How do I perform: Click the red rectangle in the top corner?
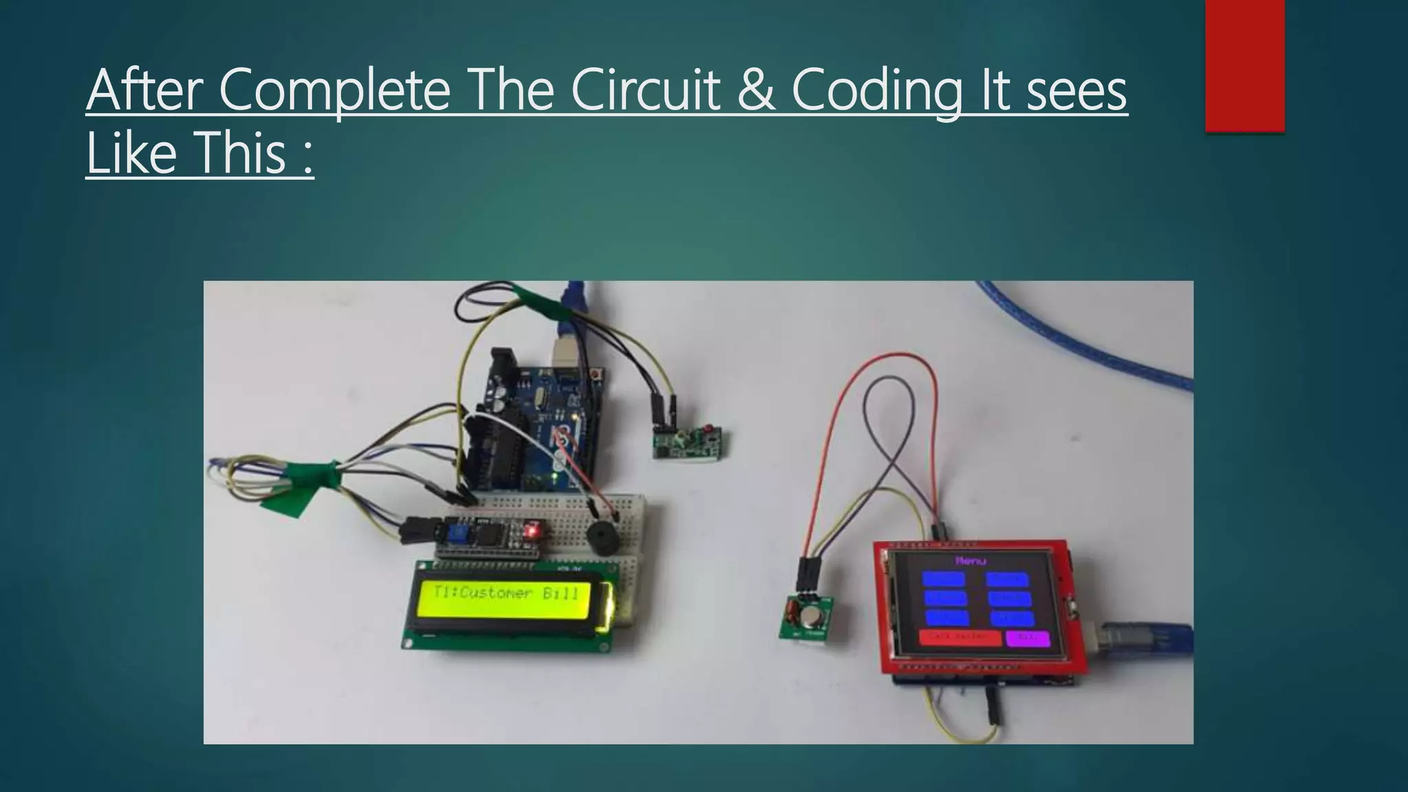pos(1245,65)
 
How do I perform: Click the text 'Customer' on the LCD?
pos(495,593)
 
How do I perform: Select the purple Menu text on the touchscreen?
pos(971,561)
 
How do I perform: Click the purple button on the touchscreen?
pos(1028,637)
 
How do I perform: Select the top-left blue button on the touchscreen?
pos(945,580)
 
